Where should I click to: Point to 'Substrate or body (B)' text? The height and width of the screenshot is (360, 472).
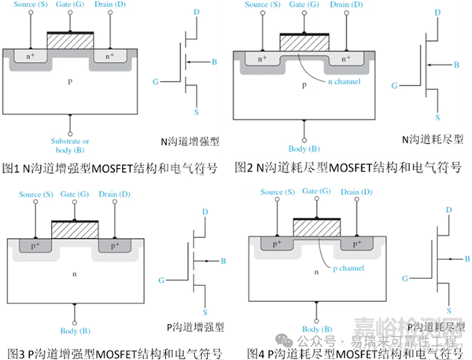point(70,146)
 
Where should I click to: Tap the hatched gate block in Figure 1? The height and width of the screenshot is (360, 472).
point(70,39)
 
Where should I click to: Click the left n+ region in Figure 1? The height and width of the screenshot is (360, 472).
point(29,57)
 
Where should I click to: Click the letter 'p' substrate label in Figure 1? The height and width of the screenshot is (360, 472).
point(71,81)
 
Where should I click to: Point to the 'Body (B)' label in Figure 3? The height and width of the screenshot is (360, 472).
point(74,332)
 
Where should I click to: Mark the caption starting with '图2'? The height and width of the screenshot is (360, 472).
point(348,167)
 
